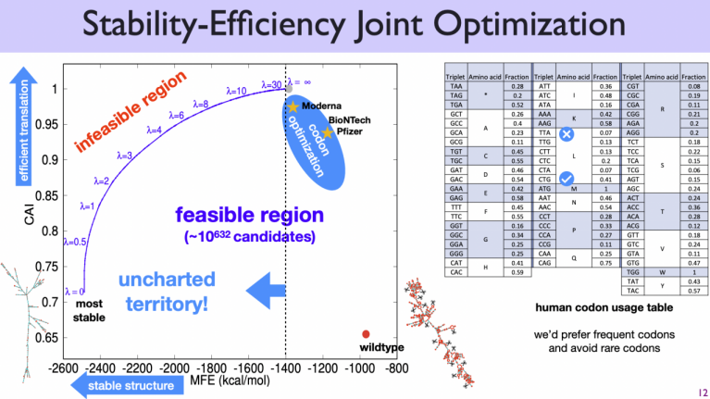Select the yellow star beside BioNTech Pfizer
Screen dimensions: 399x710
pos(327,132)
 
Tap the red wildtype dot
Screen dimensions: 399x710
pos(367,334)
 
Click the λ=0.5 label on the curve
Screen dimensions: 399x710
pos(75,242)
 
